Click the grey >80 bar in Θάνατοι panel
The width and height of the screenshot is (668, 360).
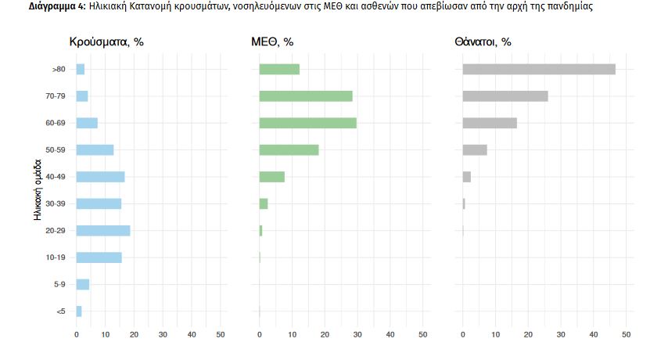tap(539, 69)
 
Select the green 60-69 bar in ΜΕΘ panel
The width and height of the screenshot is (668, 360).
tap(307, 123)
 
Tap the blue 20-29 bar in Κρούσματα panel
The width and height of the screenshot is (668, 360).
tap(103, 231)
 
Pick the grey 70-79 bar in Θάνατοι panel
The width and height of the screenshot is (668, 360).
tap(505, 96)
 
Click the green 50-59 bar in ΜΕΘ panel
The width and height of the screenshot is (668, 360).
tap(289, 149)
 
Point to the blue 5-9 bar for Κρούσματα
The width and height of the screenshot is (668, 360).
tap(83, 284)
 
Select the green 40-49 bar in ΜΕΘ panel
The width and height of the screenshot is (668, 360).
tap(271, 177)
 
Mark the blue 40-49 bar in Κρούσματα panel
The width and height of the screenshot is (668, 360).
tap(100, 177)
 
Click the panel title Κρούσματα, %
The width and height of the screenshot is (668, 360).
tap(106, 41)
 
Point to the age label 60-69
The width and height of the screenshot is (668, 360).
tap(56, 123)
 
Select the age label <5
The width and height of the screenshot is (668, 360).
tap(60, 311)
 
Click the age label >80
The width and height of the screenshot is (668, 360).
tap(59, 70)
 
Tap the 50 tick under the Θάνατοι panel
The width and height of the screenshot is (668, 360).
tap(627, 335)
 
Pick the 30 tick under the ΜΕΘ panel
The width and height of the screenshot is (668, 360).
tap(357, 335)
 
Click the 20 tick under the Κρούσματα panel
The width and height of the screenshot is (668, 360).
tap(135, 335)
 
